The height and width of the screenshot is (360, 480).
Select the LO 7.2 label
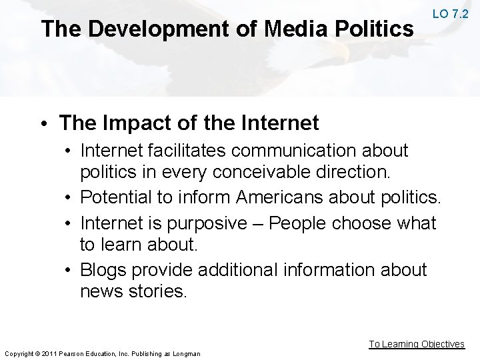point(450,13)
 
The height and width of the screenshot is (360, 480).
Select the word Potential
point(119,197)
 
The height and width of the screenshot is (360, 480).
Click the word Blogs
point(103,269)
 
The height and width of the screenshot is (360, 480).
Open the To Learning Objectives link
point(417,344)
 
